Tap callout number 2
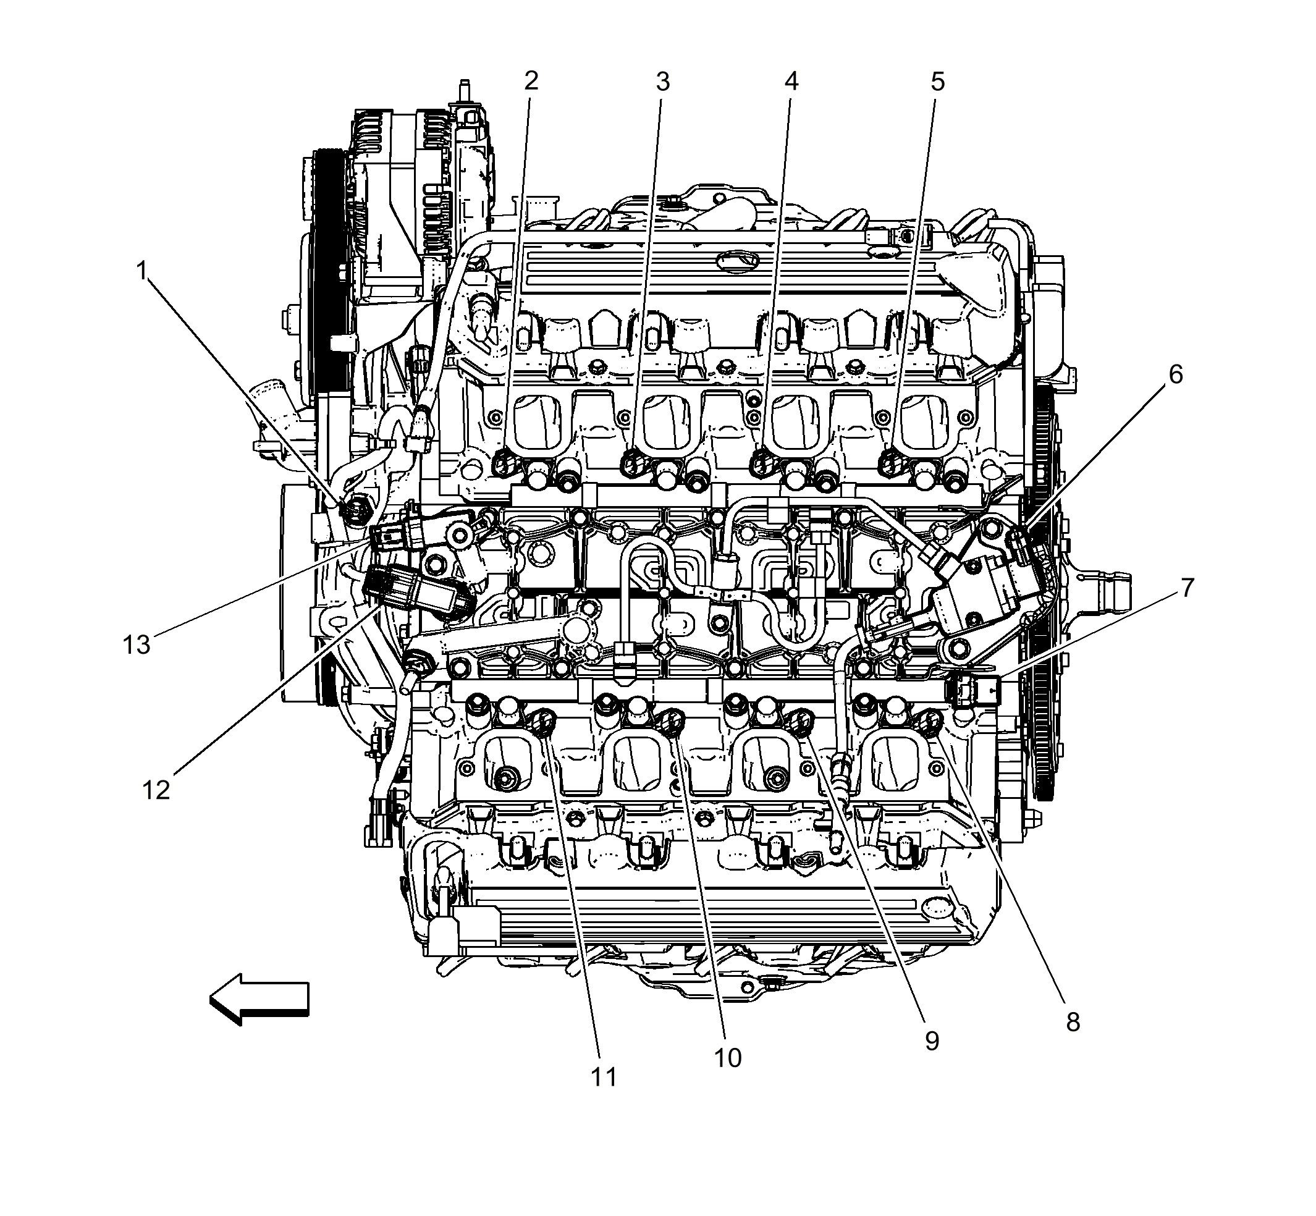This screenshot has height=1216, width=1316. pos(531,81)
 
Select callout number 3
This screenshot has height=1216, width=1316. pos(662,82)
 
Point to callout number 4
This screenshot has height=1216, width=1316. pos(791,82)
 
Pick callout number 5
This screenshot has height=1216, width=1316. pos(938,82)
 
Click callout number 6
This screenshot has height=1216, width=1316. pos(1175,374)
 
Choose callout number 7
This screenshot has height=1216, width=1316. pos(1187,588)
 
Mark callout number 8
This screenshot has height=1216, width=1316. pos(1073,1022)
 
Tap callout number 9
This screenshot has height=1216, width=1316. pos(932,1041)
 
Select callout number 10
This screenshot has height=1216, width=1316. pos(728,1058)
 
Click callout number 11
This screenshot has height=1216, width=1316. pos(604,1077)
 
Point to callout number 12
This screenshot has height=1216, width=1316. pos(156,790)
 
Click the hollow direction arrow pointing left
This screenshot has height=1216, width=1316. pos(260,999)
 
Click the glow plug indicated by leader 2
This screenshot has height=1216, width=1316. pos(503,465)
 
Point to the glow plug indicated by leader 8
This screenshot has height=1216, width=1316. pos(930,723)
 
